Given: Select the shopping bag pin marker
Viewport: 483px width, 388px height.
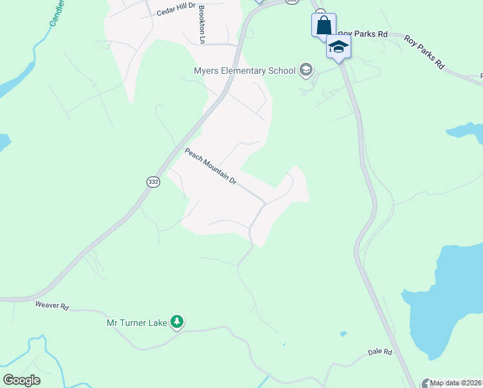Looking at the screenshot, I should (324, 27).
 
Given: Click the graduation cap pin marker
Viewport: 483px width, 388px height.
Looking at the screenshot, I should (338, 47).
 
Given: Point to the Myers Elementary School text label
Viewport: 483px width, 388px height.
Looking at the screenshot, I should (244, 70).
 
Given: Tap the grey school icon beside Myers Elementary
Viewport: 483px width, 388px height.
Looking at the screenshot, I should (305, 70).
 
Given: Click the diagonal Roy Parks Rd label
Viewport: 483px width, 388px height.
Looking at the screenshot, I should (425, 52).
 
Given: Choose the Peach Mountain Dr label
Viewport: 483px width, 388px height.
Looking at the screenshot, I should (211, 166).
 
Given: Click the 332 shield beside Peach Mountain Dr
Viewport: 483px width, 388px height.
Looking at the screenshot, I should (153, 182).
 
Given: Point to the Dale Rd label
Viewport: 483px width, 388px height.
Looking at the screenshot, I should (380, 352).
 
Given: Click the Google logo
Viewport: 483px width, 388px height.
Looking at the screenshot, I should (21, 380).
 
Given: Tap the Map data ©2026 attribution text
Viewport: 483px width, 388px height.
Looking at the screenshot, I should (455, 383).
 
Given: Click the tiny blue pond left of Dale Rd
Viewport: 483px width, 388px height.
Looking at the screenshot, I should (343, 334).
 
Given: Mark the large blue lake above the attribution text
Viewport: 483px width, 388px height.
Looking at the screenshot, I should (446, 297).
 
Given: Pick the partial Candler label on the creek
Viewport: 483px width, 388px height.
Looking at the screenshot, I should (57, 14).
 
